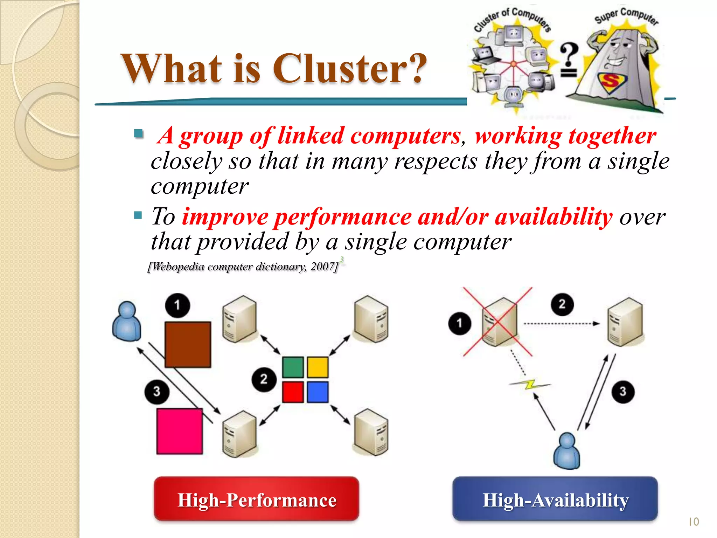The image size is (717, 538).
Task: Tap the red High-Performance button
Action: pos(257,499)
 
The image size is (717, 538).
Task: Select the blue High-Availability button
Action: pos(555,499)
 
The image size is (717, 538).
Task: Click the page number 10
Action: pos(693,522)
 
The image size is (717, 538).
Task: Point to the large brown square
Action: pos(188,344)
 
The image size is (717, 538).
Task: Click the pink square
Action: pos(179,431)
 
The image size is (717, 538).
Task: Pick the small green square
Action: pos(293,367)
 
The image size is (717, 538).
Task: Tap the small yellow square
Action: pos(318,367)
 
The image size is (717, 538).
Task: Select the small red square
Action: pos(293,392)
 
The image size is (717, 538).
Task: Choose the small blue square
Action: pos(318,392)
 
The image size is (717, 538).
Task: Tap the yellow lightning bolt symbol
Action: pos(530,384)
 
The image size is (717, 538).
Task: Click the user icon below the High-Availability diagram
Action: pos(566,451)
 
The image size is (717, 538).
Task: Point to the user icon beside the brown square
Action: pos(126,321)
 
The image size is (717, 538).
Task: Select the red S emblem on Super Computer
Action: pos(611,81)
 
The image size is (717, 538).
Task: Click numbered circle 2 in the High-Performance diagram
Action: pos(264,379)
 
